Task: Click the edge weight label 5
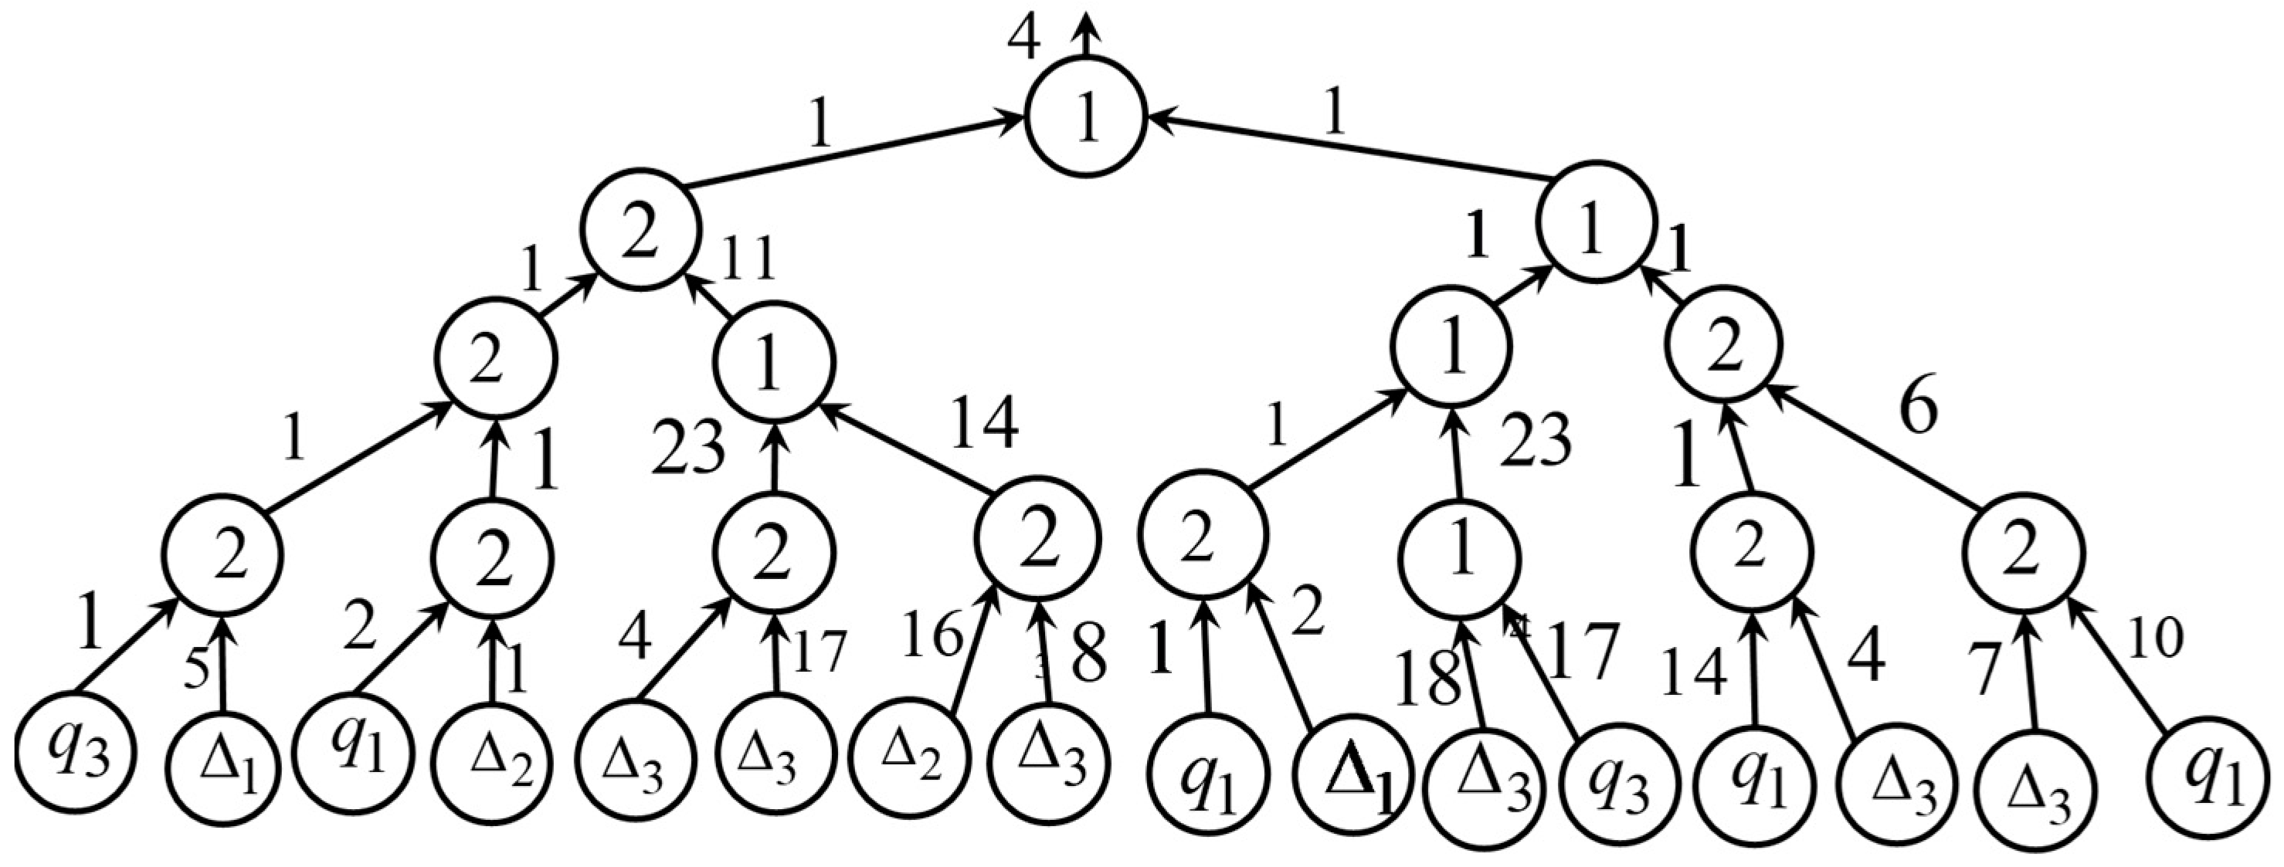[x=196, y=670]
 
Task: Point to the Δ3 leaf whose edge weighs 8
[x=1051, y=764]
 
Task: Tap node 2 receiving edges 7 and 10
[x=2024, y=556]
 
